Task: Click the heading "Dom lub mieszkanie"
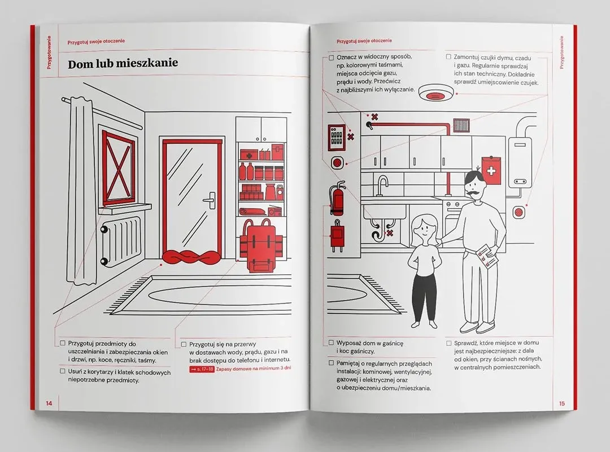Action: pos(123,64)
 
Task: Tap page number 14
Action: pos(49,403)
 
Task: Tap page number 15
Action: pos(562,403)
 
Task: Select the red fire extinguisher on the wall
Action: pos(337,198)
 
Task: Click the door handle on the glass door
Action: pos(210,200)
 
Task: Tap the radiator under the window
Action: pos(121,241)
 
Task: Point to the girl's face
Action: pos(424,230)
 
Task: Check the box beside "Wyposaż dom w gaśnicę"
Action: pos(331,343)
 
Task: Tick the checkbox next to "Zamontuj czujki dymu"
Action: pos(448,57)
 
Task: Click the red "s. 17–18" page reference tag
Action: pos(202,369)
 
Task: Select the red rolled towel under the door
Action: pos(191,257)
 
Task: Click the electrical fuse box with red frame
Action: pos(336,137)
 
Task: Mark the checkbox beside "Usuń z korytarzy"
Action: pos(62,371)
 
